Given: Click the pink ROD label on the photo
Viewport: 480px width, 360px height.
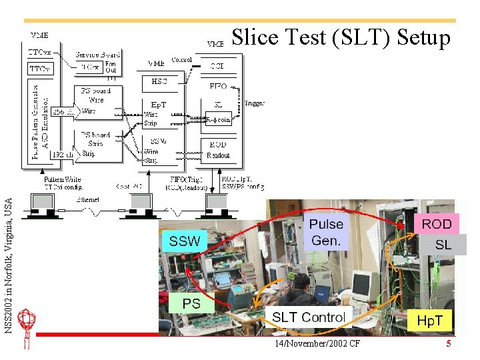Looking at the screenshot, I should [x=437, y=225].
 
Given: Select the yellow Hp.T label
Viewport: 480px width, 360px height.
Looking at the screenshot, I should [x=429, y=321].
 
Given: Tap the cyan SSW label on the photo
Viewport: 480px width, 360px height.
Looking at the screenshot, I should [x=185, y=241].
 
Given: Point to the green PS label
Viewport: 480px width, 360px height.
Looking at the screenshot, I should [x=191, y=303].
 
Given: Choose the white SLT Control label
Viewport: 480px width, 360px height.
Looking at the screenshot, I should [x=308, y=317].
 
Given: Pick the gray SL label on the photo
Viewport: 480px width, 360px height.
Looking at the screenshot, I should [x=443, y=245].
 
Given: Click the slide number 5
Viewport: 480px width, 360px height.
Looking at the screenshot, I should [x=449, y=344].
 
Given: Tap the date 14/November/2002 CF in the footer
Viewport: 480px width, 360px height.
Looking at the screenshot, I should [x=317, y=344].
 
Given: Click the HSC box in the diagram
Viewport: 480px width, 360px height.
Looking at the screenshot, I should [x=159, y=81].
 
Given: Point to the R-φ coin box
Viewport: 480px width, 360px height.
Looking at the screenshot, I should [x=218, y=120].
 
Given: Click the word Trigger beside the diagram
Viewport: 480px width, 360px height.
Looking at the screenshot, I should [x=254, y=103].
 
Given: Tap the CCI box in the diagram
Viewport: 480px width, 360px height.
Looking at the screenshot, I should [x=217, y=66].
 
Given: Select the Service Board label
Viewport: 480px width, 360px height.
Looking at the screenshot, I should [x=97, y=55].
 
